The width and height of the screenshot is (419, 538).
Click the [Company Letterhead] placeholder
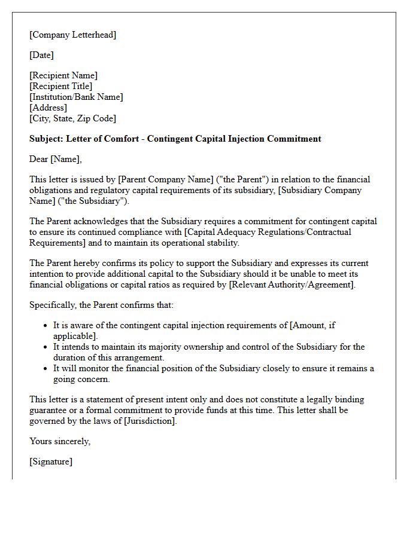[73, 35]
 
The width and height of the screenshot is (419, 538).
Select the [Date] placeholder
[42, 55]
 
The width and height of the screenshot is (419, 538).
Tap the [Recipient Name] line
[63, 75]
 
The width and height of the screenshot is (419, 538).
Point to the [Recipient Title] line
[61, 86]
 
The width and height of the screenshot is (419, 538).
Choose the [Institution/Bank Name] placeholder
[76, 97]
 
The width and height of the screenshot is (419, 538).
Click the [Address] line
[48, 108]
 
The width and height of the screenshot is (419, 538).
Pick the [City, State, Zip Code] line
[72, 118]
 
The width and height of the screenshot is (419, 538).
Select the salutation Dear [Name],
[56, 159]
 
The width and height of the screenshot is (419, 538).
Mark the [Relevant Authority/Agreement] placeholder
[292, 285]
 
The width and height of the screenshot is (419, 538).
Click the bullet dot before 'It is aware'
[46, 326]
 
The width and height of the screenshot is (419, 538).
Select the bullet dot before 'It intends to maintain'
[46, 347]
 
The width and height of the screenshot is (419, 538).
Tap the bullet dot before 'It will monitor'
[46, 369]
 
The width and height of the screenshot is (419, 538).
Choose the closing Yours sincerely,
[60, 441]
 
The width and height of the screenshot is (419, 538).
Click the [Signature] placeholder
[51, 461]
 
